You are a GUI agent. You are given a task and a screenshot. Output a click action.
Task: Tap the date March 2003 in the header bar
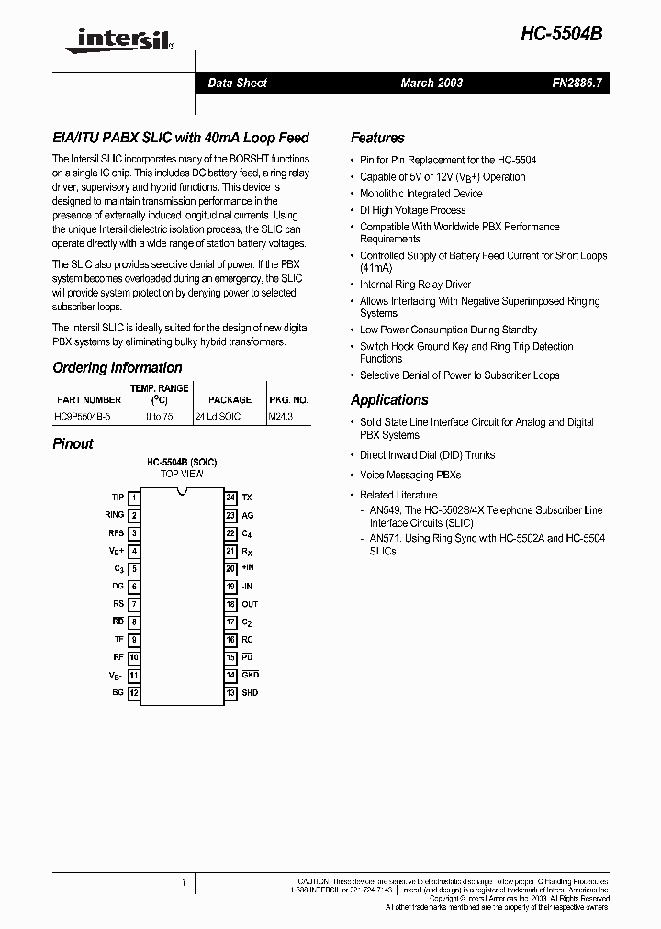(x=431, y=83)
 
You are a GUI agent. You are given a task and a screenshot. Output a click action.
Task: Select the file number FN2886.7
(x=577, y=83)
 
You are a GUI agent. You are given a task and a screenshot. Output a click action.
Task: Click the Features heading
(x=377, y=138)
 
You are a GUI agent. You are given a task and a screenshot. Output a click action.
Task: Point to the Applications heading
(x=389, y=400)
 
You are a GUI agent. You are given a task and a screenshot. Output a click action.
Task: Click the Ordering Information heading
(x=117, y=368)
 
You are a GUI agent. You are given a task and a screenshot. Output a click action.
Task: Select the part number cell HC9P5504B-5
(x=88, y=416)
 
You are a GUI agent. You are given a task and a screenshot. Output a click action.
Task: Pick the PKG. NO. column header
(x=288, y=400)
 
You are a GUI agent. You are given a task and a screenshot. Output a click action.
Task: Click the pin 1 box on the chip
(x=134, y=498)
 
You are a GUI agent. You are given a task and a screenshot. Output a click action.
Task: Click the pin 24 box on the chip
(x=230, y=498)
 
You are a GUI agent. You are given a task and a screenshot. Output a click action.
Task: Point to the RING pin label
(x=114, y=515)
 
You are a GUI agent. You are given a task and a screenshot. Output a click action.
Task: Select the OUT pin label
(x=250, y=604)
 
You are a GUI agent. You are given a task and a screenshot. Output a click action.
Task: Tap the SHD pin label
(x=250, y=693)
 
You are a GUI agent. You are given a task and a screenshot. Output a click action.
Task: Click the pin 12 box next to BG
(x=134, y=693)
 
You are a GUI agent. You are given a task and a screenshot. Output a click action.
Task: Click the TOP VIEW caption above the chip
(x=182, y=474)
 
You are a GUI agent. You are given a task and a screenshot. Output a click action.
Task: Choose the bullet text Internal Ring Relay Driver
(x=415, y=285)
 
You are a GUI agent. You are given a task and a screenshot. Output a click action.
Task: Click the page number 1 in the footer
(x=184, y=882)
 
